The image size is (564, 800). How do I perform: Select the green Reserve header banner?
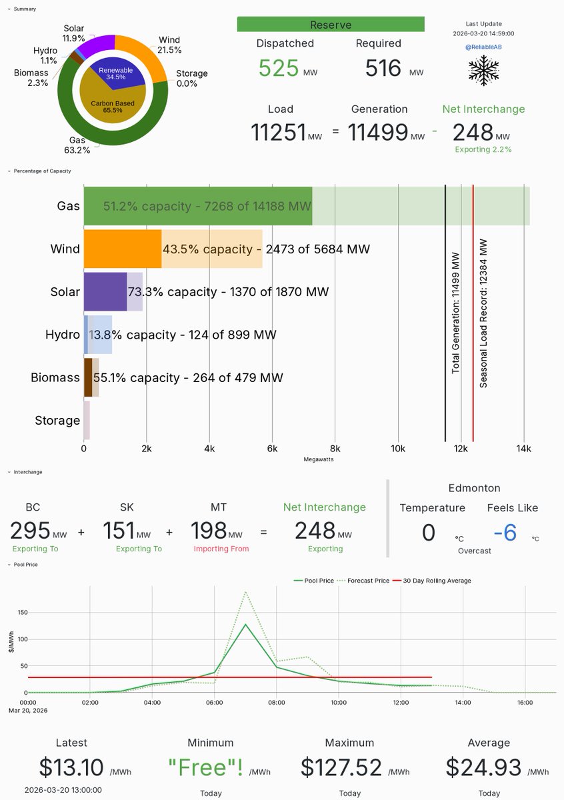[331, 25]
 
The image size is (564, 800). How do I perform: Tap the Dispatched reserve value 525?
[279, 69]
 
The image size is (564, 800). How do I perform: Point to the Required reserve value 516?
[383, 69]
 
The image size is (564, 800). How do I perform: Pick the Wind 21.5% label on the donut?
[169, 45]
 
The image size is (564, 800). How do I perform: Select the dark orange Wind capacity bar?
[123, 249]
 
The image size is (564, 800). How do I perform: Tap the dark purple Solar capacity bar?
[105, 292]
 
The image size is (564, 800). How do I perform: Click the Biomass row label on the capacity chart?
[55, 378]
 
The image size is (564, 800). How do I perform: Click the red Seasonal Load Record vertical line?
[473, 313]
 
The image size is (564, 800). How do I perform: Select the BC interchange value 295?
[31, 531]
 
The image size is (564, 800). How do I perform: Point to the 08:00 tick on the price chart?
[277, 702]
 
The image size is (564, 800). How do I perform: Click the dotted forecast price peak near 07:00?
[246, 592]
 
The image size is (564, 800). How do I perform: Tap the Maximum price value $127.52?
[341, 767]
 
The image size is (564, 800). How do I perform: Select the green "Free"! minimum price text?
[205, 767]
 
